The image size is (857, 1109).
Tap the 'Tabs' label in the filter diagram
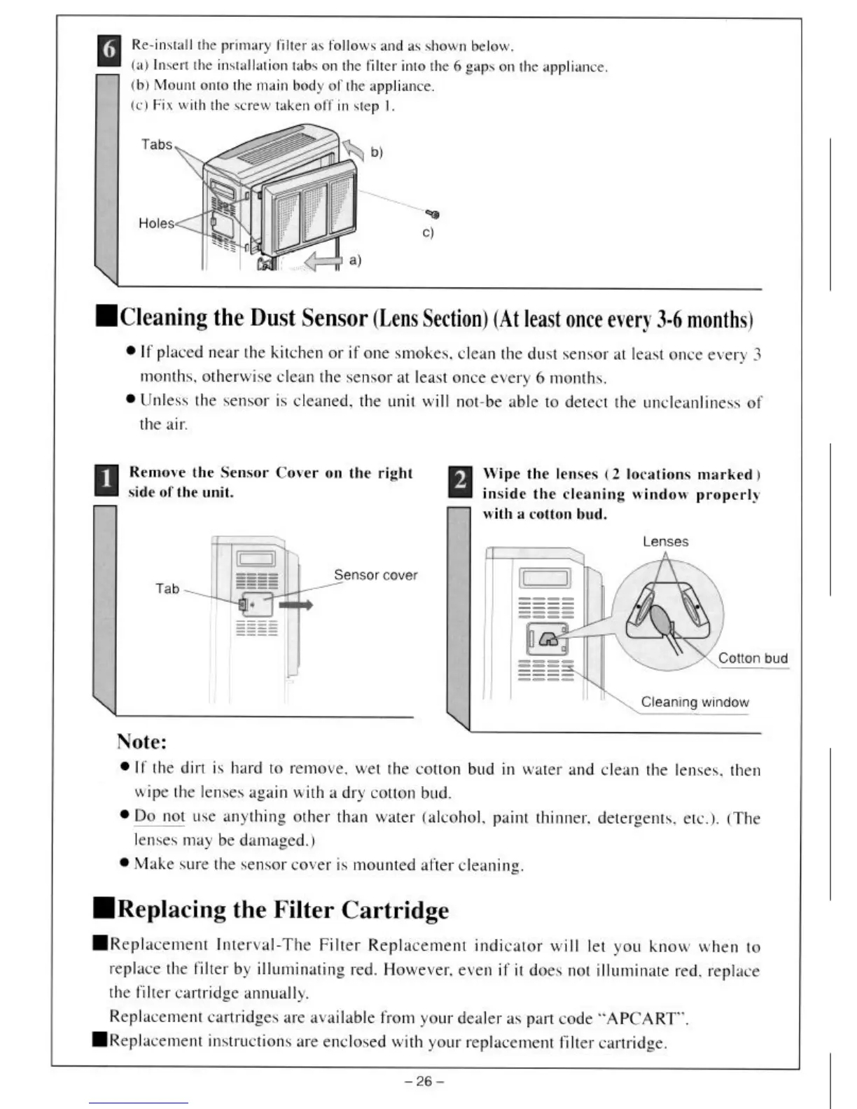[x=157, y=144]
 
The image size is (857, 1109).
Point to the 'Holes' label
[x=156, y=223]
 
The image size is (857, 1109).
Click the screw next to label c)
[x=434, y=214]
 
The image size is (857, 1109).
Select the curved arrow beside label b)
[x=355, y=148]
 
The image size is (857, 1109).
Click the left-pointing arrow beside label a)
[x=323, y=261]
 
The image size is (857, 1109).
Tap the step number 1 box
[x=106, y=481]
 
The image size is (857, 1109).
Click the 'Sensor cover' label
[x=375, y=575]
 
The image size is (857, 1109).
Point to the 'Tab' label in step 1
[x=167, y=589]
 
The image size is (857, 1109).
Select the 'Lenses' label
[x=665, y=541]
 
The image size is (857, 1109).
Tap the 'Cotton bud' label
[x=753, y=658]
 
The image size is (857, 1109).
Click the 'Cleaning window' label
[x=695, y=702]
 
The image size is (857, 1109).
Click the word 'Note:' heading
[x=141, y=741]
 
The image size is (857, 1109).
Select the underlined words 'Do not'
[x=160, y=816]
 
